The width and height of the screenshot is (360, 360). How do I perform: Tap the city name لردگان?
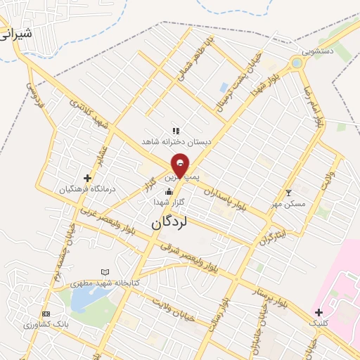point(169,222)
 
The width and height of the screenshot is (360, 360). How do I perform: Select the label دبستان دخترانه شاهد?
point(176,141)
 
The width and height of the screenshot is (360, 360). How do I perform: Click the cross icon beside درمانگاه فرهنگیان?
point(87,178)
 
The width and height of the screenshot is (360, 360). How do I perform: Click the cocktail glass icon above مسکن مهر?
point(287,193)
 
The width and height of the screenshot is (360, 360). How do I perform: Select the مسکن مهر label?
point(288,204)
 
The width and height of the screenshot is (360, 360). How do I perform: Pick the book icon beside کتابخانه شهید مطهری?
point(105,271)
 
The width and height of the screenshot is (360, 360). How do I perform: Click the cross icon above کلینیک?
point(319,312)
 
